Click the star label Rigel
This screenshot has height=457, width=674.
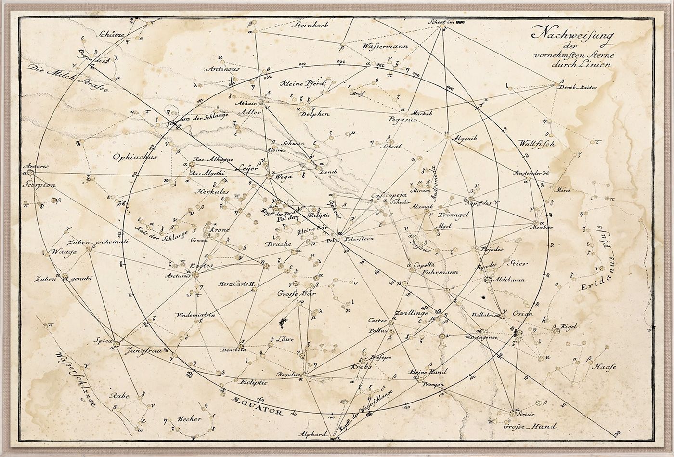(x=568, y=326)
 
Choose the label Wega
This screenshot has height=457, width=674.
(x=282, y=177)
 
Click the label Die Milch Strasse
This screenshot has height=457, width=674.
(x=67, y=78)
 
